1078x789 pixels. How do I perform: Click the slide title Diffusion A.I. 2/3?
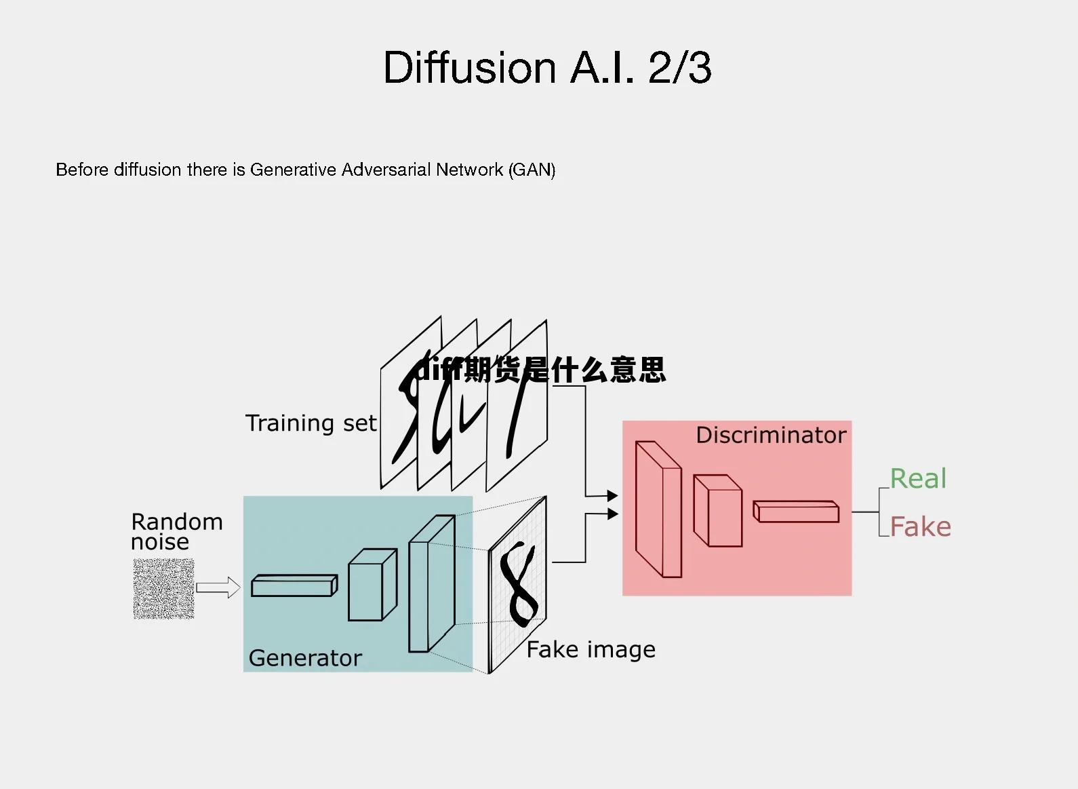(x=547, y=68)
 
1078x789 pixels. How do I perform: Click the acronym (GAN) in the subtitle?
(x=532, y=170)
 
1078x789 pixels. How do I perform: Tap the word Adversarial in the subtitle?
(x=386, y=170)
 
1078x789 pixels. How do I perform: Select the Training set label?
(x=311, y=423)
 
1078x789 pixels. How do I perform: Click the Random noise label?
(x=176, y=531)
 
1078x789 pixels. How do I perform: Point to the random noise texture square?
(x=163, y=589)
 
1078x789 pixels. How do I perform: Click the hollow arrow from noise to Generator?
(x=218, y=588)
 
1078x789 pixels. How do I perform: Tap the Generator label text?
(x=305, y=658)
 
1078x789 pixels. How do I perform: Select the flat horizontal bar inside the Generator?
(x=294, y=585)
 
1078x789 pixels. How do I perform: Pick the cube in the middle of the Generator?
(x=372, y=585)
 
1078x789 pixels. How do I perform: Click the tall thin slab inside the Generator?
(x=431, y=584)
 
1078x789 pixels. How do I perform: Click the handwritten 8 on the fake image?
(x=519, y=584)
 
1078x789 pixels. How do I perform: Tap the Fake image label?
(x=591, y=650)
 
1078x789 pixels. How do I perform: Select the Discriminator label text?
(x=771, y=435)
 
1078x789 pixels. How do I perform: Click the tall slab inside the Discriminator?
(x=658, y=509)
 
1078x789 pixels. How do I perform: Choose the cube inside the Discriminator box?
(x=717, y=510)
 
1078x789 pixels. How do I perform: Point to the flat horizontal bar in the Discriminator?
(x=796, y=512)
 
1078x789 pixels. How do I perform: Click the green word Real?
(x=918, y=479)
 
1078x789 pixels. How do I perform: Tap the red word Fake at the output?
(x=920, y=527)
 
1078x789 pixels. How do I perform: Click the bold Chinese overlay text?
(x=540, y=370)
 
